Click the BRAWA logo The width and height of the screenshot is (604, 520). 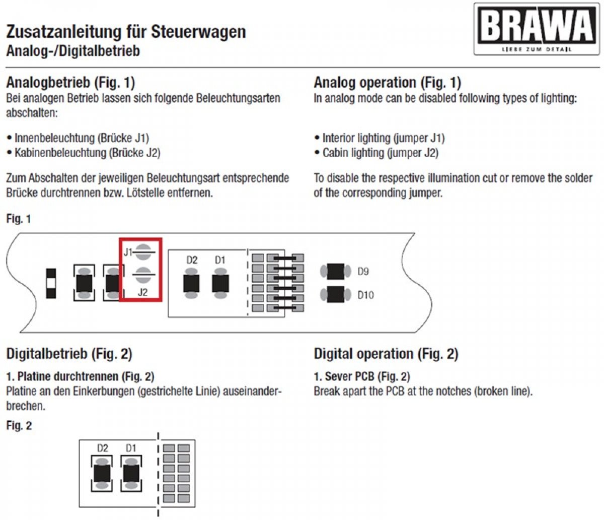coord(537,29)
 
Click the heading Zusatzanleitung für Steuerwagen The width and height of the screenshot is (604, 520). coord(126,32)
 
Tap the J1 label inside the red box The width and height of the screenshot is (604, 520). coord(128,251)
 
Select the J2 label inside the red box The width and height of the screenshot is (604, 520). coord(142,292)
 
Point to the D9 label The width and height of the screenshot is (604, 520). coord(363,272)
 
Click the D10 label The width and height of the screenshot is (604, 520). coord(365,295)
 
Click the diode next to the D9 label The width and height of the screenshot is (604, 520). coord(335,272)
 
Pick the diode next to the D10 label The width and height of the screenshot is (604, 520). coord(335,294)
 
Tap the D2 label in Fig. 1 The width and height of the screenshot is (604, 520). coord(192,260)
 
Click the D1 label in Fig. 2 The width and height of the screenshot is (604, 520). coord(131,448)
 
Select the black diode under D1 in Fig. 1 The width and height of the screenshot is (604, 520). coord(220,284)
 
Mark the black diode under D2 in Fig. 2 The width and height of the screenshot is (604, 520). coord(102,474)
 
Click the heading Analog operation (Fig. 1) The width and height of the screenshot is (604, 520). coord(387,83)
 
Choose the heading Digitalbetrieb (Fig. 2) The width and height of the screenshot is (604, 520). coord(69,354)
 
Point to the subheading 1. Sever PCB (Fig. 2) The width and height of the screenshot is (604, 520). coord(362,376)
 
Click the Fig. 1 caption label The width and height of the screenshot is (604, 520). coord(19,219)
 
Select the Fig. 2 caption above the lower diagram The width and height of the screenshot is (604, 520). coord(19,426)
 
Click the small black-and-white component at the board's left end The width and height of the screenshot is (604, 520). coord(51,283)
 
